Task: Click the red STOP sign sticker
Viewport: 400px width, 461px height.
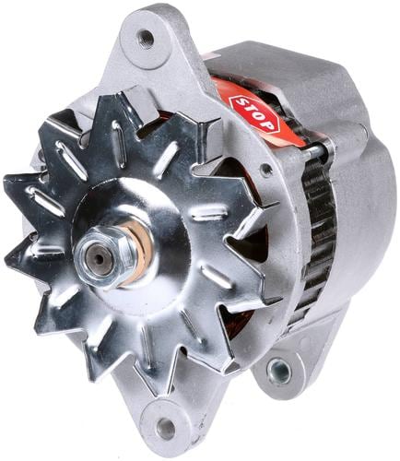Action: click(x=255, y=114)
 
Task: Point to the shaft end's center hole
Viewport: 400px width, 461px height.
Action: click(x=100, y=259)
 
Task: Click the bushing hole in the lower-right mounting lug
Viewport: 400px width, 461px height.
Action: click(x=278, y=372)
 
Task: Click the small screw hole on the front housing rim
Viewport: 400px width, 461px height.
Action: click(x=266, y=169)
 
